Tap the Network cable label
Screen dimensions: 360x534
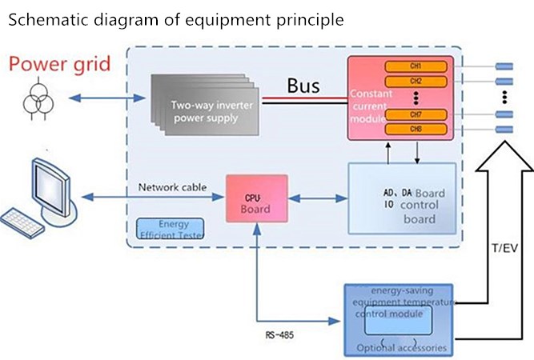pos(172,187)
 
